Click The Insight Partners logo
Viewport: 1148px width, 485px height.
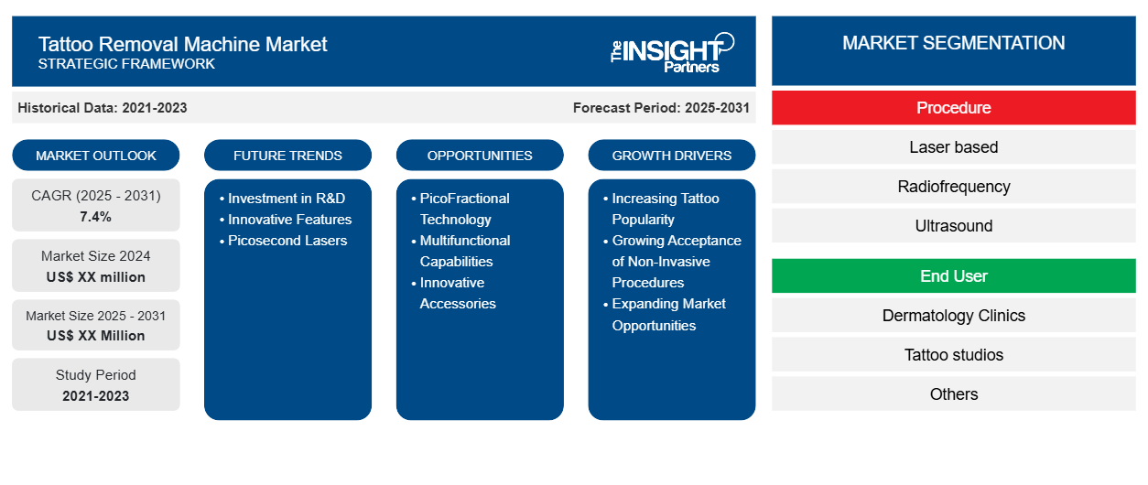(672, 53)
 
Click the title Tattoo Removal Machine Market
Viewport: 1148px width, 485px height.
(182, 44)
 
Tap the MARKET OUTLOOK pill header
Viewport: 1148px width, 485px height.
(96, 156)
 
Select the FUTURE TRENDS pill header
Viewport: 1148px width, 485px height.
(287, 156)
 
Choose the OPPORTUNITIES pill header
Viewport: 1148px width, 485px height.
(480, 156)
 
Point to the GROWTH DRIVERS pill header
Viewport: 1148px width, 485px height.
(671, 156)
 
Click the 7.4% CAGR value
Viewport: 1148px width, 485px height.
(96, 217)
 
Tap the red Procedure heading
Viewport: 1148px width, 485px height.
(953, 108)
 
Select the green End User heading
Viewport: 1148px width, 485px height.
(953, 276)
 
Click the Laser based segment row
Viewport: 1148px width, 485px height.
(953, 147)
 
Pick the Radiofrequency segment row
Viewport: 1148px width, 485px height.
(953, 187)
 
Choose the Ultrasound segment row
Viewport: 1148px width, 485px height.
(953, 226)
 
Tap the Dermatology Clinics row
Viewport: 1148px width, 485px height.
(953, 316)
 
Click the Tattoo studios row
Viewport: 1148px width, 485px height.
(953, 355)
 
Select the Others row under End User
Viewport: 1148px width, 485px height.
(953, 394)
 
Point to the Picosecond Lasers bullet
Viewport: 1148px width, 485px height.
(284, 241)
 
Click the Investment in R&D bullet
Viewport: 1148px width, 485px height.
(282, 199)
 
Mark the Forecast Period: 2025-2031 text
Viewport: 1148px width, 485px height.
(661, 108)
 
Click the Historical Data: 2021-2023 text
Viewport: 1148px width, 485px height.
(103, 108)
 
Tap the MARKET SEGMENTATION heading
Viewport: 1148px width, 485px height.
(953, 43)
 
